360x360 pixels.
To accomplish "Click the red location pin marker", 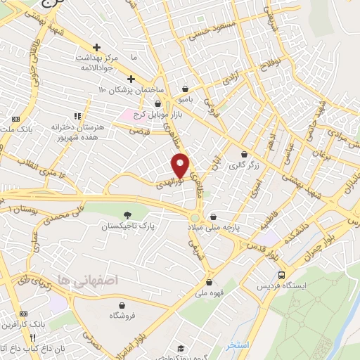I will (x=181, y=165).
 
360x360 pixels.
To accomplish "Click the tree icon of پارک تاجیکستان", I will (x=127, y=214).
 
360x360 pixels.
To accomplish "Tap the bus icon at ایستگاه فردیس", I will (x=282, y=274).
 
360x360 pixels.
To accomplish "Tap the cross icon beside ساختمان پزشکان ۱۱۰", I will (x=131, y=78).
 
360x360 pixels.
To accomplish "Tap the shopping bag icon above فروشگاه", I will (x=122, y=305).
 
